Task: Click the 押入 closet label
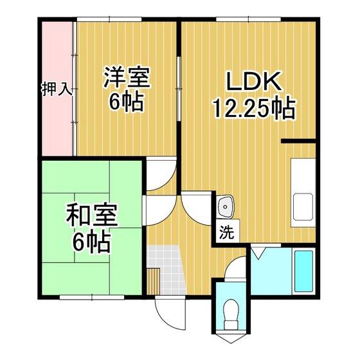57,89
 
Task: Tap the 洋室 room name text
127,77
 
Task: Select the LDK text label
254,82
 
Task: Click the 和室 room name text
92,215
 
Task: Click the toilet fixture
231,315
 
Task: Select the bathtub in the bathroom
303,271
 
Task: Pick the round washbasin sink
226,206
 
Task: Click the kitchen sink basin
303,206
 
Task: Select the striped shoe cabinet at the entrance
153,282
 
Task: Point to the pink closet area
57,89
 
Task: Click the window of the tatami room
92,297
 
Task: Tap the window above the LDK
248,19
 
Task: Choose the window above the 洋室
109,19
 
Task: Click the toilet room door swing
235,267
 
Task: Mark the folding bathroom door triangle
258,253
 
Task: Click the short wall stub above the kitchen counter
298,141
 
